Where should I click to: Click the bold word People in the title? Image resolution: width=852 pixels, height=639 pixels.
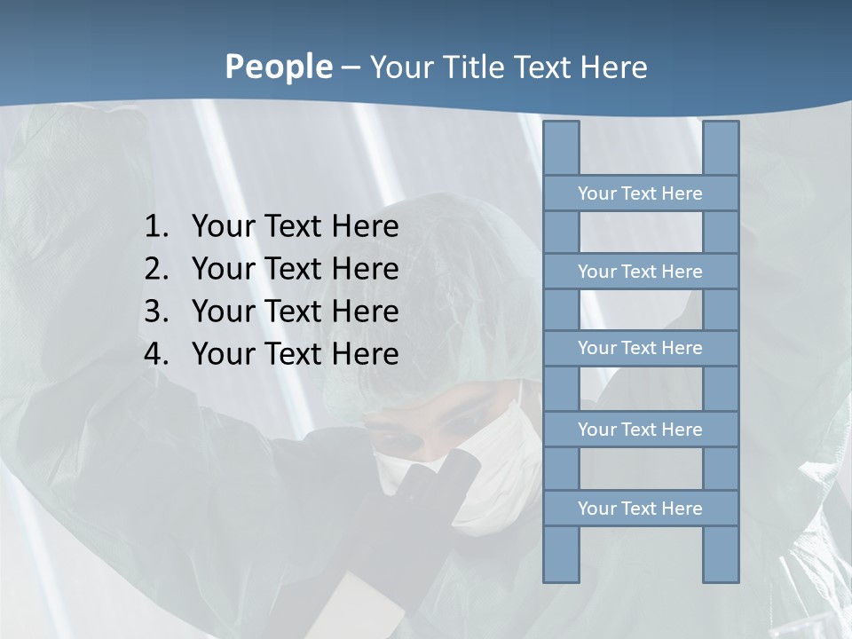[278, 67]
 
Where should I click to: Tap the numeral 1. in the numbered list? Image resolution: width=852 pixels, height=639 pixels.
[156, 227]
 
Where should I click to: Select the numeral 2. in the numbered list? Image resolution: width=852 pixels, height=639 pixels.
[156, 269]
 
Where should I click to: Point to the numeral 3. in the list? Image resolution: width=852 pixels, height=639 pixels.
[156, 312]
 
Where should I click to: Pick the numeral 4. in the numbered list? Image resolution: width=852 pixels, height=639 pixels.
[156, 354]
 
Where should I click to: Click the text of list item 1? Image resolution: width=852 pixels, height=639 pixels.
[295, 227]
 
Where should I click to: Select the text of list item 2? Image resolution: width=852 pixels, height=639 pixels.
[295, 269]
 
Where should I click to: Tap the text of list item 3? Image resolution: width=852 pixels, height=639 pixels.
[295, 312]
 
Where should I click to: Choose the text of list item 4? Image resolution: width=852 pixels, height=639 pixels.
[295, 354]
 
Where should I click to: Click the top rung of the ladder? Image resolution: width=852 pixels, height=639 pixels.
[640, 193]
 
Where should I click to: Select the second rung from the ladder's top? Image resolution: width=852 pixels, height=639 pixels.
[640, 272]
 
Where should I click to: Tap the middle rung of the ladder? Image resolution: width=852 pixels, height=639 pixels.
[640, 348]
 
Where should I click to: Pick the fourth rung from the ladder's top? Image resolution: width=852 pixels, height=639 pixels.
[640, 430]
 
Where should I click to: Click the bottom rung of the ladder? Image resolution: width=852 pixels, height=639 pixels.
[640, 509]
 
